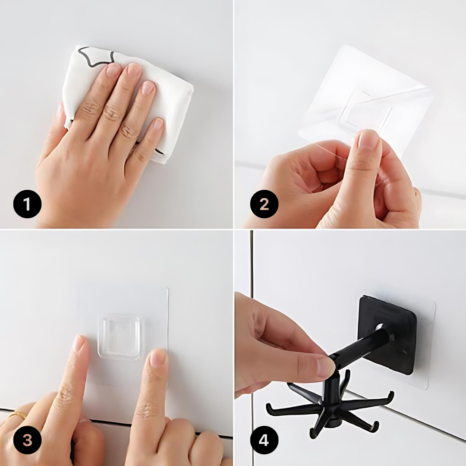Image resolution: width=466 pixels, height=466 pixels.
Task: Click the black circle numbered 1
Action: tap(27, 204)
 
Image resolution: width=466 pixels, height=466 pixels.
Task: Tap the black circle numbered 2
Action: tap(264, 204)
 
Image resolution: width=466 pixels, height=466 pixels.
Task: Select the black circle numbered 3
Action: tap(27, 440)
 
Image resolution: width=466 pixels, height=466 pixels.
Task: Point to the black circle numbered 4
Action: tap(264, 440)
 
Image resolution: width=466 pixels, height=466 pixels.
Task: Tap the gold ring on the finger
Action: tap(17, 414)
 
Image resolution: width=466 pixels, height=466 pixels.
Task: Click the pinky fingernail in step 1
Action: tap(158, 124)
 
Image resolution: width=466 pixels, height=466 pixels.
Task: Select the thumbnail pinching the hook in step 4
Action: tap(327, 366)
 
